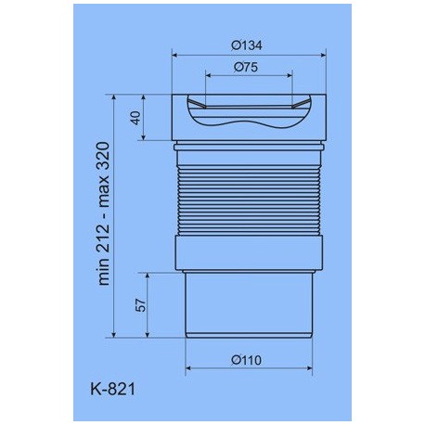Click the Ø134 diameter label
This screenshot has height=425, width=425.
coord(247,45)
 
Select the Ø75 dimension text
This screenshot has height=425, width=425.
coord(246,67)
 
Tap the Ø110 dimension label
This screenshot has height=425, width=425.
coord(247,360)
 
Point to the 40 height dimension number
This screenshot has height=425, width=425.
coord(136,118)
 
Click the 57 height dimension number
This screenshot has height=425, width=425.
coord(140,305)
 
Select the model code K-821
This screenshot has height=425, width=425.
coord(113,389)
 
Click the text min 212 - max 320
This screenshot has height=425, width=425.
coord(104,213)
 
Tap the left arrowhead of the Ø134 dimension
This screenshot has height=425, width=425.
coord(174,56)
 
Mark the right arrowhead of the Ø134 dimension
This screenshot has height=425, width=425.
coord(324,56)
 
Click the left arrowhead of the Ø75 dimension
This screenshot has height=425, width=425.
coord(208,75)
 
